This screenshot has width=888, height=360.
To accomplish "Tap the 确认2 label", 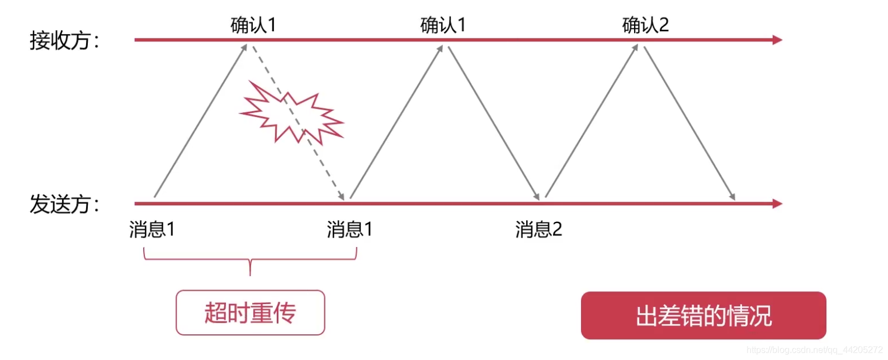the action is (645, 25).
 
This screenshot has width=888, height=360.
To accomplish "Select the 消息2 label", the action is (539, 229).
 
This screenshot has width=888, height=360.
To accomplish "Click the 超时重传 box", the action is (250, 312).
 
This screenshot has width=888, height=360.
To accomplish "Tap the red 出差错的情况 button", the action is (703, 316).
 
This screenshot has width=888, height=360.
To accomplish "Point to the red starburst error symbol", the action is (291, 113).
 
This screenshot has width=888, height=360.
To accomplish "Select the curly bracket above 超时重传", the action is (250, 259).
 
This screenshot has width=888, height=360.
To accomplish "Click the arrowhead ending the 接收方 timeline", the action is (777, 40).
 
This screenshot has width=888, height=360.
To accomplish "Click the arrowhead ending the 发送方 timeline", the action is (777, 203).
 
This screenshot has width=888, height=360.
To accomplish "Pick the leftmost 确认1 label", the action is (253, 25).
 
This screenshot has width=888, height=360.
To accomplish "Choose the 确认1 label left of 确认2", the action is (443, 25).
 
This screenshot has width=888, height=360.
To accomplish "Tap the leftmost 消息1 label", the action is (152, 229).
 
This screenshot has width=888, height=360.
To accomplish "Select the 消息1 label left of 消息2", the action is (349, 229).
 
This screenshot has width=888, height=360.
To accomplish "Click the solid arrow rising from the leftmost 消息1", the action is (200, 121).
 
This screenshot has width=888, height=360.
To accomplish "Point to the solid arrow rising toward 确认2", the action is (591, 121).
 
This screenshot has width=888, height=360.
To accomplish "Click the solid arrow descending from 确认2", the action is (689, 122).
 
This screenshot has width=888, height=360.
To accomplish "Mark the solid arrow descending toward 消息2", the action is (493, 122).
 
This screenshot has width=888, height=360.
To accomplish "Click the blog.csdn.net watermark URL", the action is (814, 350).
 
